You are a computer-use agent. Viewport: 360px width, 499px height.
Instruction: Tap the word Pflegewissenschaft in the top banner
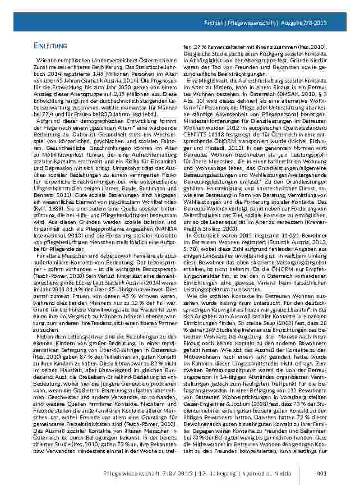(252, 22)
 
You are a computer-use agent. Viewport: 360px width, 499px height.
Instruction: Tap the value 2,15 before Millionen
(123, 93)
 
